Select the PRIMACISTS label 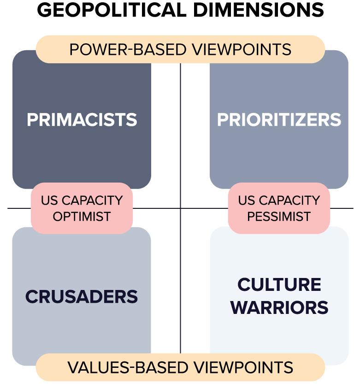click(x=82, y=120)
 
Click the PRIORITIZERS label click(x=279, y=120)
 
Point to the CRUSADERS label click(x=82, y=296)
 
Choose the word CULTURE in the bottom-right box click(x=279, y=284)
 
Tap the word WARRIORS click(x=279, y=307)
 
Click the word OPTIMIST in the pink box click(x=82, y=216)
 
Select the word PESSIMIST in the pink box click(x=279, y=216)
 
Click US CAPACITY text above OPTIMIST click(x=82, y=201)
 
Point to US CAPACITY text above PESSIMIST click(x=279, y=201)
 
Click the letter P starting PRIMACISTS click(x=32, y=120)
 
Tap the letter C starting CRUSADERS click(x=31, y=296)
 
